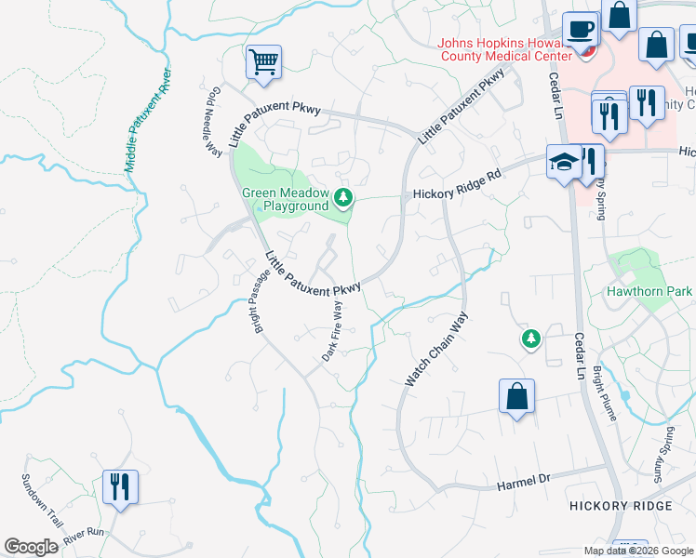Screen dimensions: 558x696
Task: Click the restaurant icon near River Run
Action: [121, 486]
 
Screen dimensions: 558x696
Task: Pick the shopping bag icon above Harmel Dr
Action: [517, 396]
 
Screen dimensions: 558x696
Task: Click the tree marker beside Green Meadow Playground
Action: [344, 197]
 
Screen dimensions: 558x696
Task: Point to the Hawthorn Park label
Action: [649, 291]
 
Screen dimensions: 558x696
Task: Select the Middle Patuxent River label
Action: [148, 119]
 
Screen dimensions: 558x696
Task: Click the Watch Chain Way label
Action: [435, 350]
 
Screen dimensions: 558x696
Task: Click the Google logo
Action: [31, 547]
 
